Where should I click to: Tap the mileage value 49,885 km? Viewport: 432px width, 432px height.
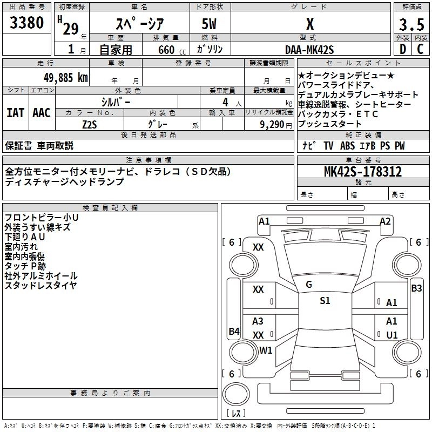pyautogui.click(x=63, y=77)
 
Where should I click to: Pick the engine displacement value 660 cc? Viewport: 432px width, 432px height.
pyautogui.click(x=166, y=50)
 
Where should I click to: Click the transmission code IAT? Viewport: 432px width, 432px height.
pyautogui.click(x=15, y=113)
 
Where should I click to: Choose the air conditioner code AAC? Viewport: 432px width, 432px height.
pyautogui.click(x=42, y=113)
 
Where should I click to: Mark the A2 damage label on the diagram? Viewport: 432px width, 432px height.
pyautogui.click(x=385, y=221)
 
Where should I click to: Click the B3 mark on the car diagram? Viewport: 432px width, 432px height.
pyautogui.click(x=416, y=288)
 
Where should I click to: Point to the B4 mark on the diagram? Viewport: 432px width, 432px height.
pyautogui.click(x=234, y=331)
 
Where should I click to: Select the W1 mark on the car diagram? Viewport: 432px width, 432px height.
pyautogui.click(x=266, y=350)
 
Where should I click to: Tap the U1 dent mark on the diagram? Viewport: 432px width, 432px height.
pyautogui.click(x=392, y=335)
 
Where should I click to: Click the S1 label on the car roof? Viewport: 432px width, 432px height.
pyautogui.click(x=325, y=301)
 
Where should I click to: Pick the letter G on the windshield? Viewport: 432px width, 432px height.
pyautogui.click(x=309, y=285)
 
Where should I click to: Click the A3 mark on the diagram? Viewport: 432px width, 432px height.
pyautogui.click(x=258, y=321)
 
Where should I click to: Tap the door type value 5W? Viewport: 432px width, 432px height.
pyautogui.click(x=209, y=24)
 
